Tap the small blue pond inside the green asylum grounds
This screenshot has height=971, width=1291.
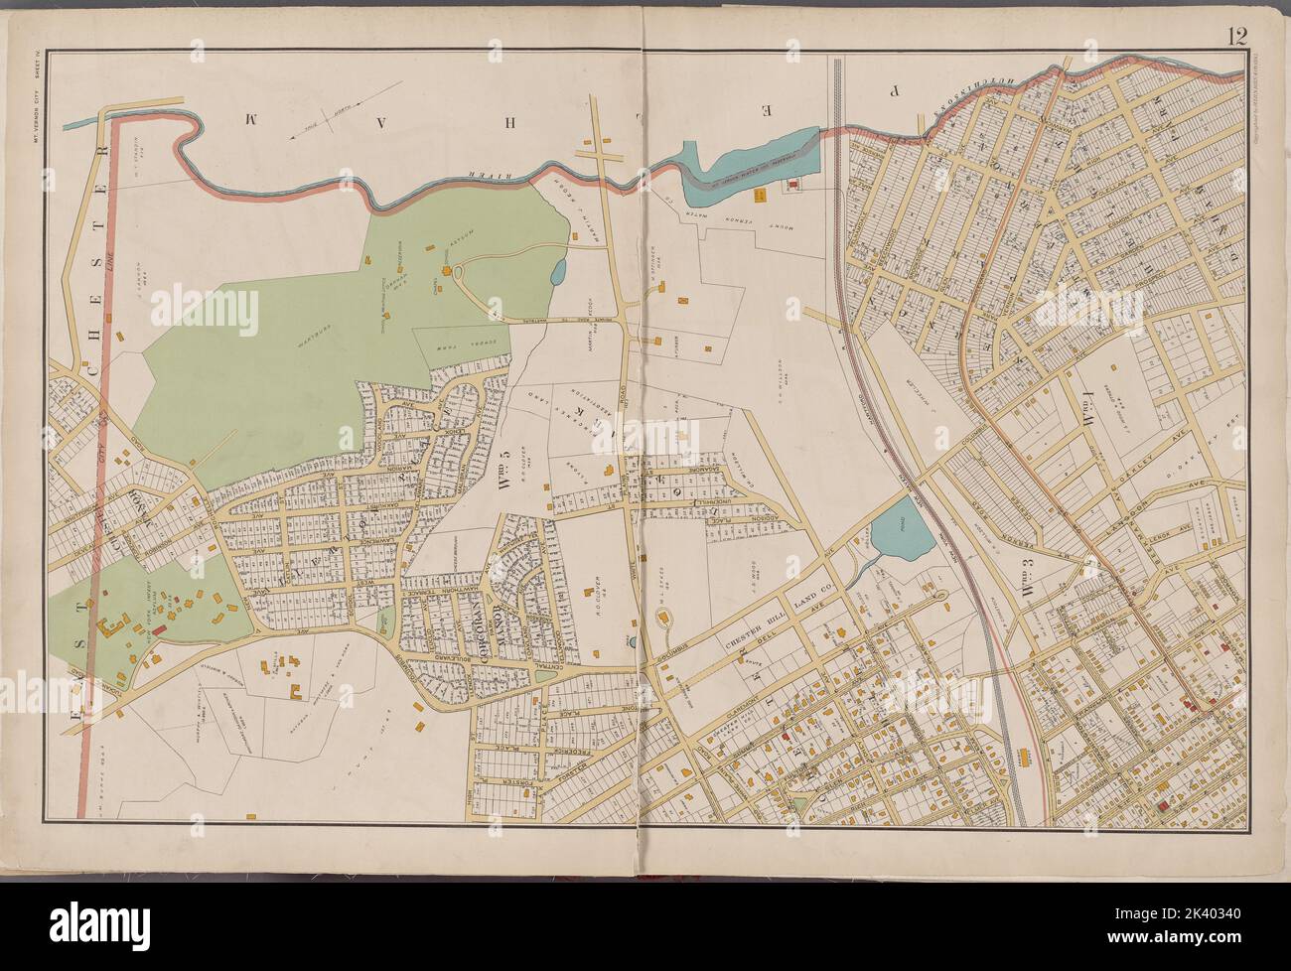click(x=557, y=269)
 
